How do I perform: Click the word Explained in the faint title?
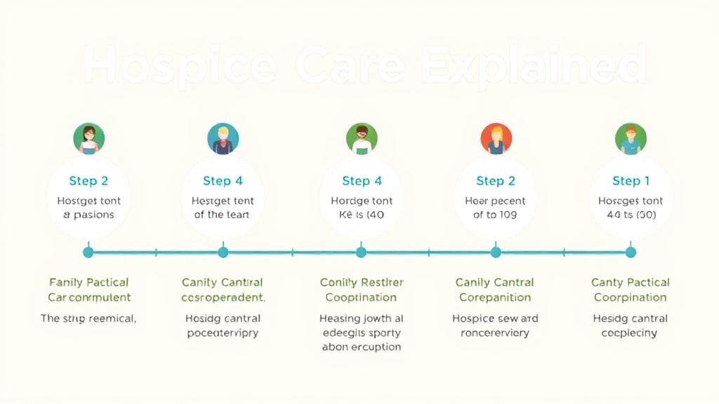534,67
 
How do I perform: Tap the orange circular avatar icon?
496,138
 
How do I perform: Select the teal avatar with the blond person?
223,138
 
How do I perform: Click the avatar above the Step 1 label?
631,138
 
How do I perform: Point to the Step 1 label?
631,181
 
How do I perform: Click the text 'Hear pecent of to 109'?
496,208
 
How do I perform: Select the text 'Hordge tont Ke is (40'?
361,208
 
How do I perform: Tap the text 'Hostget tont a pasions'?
88,208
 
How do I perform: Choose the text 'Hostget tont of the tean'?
222,208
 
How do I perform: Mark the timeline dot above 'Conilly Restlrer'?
361,252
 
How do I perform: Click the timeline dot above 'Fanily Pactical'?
88,252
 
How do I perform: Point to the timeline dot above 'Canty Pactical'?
631,252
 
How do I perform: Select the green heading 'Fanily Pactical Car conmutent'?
89,290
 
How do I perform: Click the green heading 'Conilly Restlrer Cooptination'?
362,290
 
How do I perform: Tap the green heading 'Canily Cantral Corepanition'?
495,290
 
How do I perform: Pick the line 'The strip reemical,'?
88,318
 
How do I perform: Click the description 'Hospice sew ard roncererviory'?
495,325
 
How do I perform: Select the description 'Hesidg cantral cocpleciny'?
630,325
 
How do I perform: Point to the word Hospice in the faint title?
179,67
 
